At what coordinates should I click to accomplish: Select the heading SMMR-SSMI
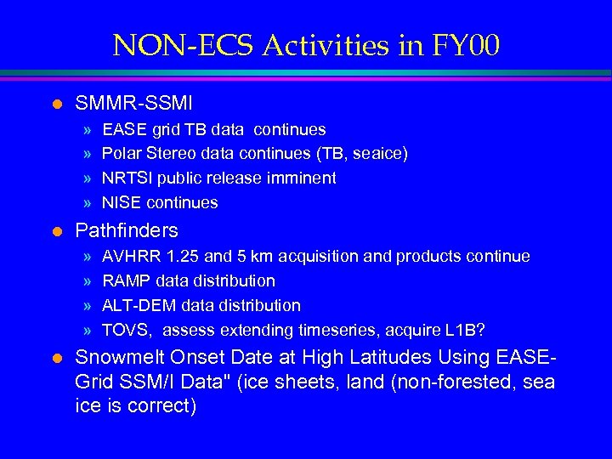133,104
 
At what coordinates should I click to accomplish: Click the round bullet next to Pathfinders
57,230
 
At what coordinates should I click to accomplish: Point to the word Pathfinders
127,230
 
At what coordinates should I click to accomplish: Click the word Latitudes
372,358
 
